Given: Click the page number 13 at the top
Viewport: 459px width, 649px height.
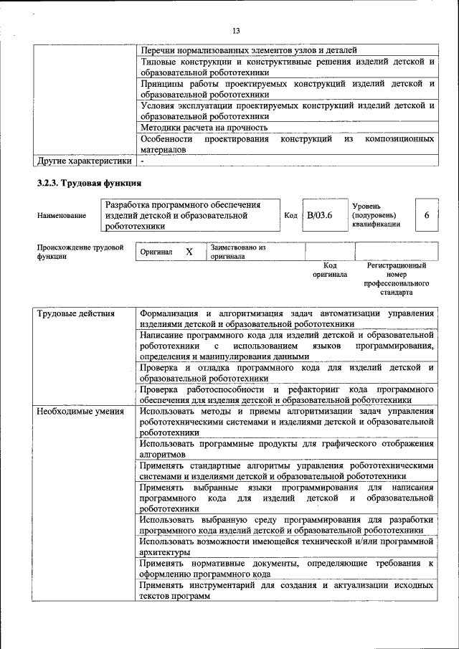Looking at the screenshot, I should [x=236, y=30].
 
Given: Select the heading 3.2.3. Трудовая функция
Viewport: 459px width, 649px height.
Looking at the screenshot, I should [x=90, y=183].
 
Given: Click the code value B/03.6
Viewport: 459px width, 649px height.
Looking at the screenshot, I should [x=320, y=214].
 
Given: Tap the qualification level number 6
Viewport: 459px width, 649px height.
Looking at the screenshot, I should [x=427, y=214].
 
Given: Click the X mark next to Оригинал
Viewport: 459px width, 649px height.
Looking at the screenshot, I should [x=189, y=252].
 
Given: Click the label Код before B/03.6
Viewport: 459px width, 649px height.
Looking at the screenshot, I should [x=290, y=214].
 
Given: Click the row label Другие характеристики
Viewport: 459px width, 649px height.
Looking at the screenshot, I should [x=85, y=161].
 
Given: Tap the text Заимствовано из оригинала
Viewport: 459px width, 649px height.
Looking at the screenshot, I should [x=237, y=252].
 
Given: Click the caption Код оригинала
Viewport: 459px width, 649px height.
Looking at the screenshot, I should [x=330, y=270].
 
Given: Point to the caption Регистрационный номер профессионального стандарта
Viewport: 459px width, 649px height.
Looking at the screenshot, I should [x=396, y=279].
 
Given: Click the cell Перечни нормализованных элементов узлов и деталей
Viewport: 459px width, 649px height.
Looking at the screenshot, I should [x=249, y=51].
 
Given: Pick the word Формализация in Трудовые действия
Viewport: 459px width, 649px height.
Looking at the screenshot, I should [x=169, y=314].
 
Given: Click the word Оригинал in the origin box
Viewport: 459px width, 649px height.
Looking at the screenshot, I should [x=156, y=252].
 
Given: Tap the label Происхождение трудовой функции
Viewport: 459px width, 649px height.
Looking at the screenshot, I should [x=80, y=252].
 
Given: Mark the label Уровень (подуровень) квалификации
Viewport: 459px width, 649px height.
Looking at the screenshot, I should [x=376, y=214].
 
